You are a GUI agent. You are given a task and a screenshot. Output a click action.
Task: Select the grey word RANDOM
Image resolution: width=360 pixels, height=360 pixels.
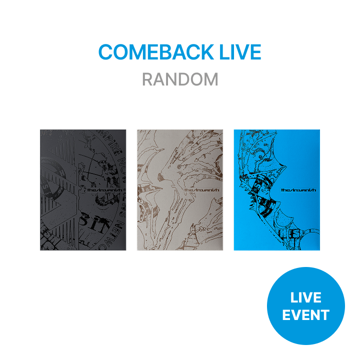click(x=180, y=79)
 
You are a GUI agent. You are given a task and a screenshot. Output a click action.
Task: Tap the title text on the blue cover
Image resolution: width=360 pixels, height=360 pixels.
click(x=298, y=190)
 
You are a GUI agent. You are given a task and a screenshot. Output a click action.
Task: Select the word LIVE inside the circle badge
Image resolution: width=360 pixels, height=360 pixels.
click(x=305, y=298)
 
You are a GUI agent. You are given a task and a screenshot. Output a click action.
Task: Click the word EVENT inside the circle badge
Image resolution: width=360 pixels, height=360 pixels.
click(x=305, y=315)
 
